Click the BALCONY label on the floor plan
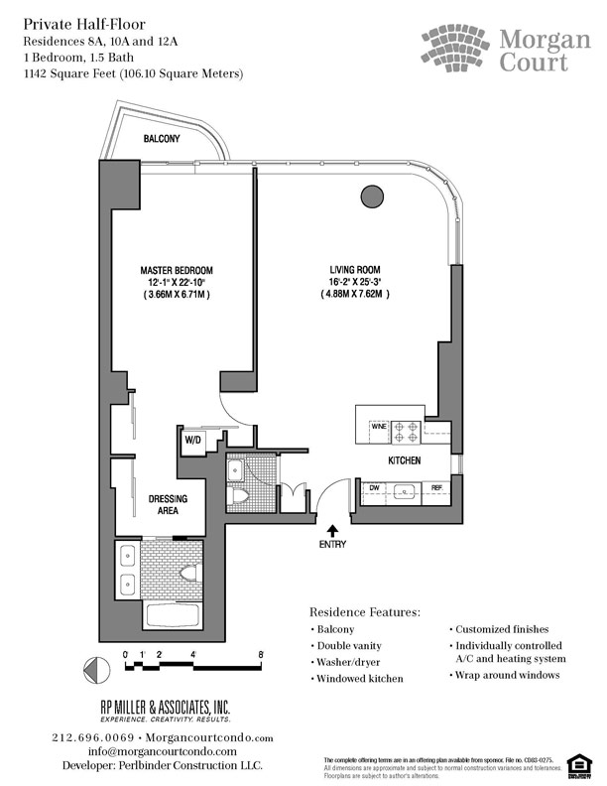click(x=162, y=139)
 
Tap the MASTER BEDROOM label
click(x=175, y=271)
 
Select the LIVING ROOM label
click(x=355, y=271)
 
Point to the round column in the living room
click(x=371, y=196)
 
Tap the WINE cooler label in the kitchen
click(x=377, y=426)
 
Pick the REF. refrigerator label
click(x=437, y=487)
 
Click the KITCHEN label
click(x=405, y=462)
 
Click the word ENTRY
click(x=332, y=545)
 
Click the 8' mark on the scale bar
click(x=260, y=655)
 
